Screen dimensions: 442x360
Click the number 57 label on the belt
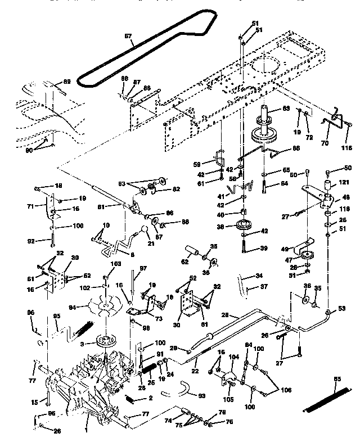pos(128,37)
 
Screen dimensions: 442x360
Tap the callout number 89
pos(67,82)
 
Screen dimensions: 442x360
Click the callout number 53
pos(342,309)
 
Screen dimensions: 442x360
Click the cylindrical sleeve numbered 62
pos(190,251)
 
